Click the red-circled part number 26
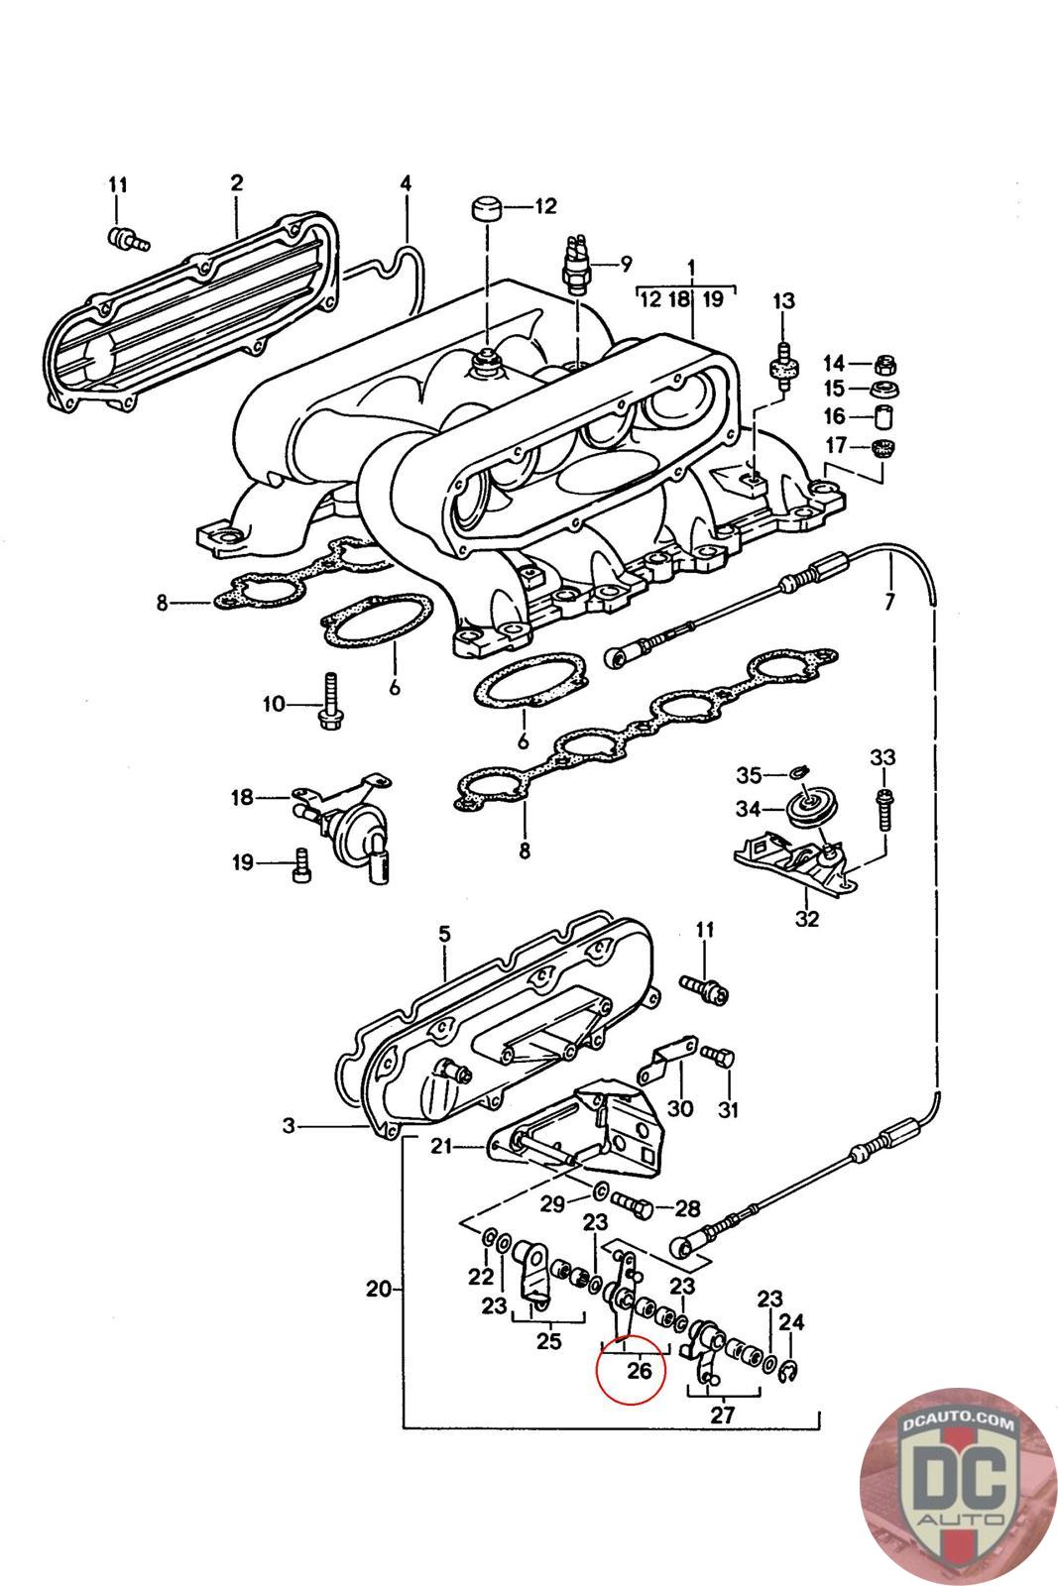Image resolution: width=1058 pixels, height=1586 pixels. pos(640,1371)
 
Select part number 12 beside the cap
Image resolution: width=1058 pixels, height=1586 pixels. pos(546,207)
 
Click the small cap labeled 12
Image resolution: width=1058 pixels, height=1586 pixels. pos(485,210)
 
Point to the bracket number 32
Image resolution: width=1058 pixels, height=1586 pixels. pos(807,918)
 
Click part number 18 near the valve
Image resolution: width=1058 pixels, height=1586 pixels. pos(242,797)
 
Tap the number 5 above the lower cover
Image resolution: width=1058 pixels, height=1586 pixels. pos(443,934)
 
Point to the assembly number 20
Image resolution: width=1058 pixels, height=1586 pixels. pos(378,1290)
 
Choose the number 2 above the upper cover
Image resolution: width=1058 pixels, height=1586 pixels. pos(237,182)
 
